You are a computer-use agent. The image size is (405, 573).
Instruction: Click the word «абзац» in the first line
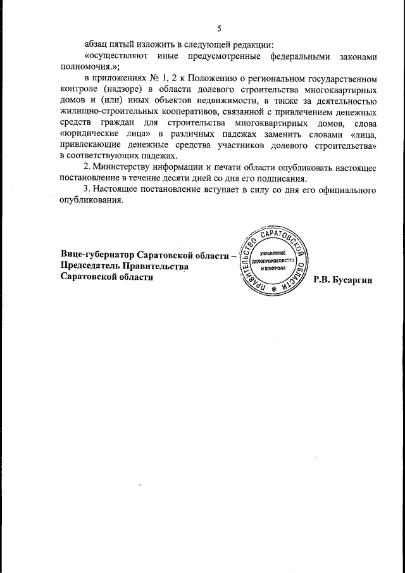[98, 45]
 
